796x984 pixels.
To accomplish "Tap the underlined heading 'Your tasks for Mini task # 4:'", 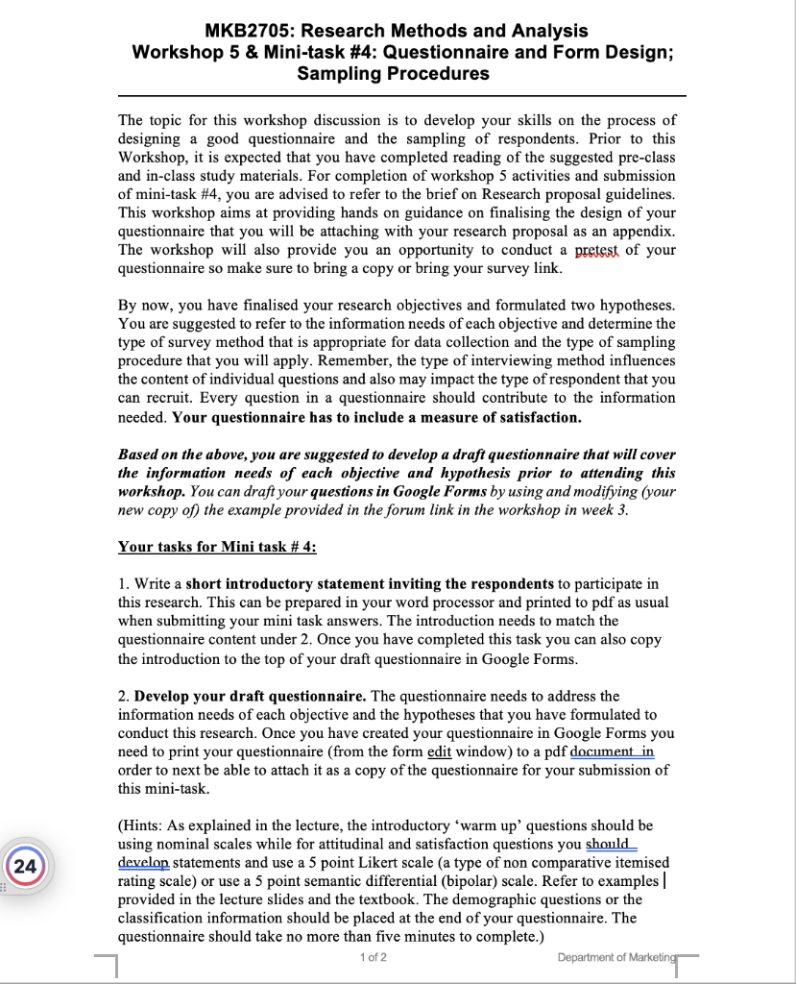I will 217,547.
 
